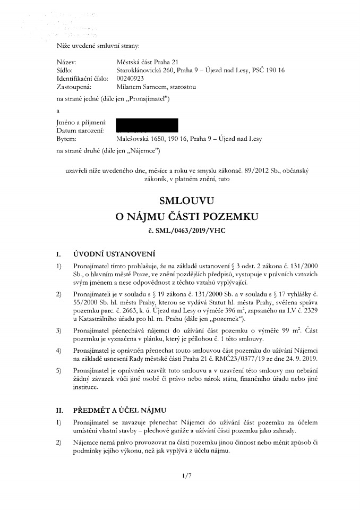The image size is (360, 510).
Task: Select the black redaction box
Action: point(147,125)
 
